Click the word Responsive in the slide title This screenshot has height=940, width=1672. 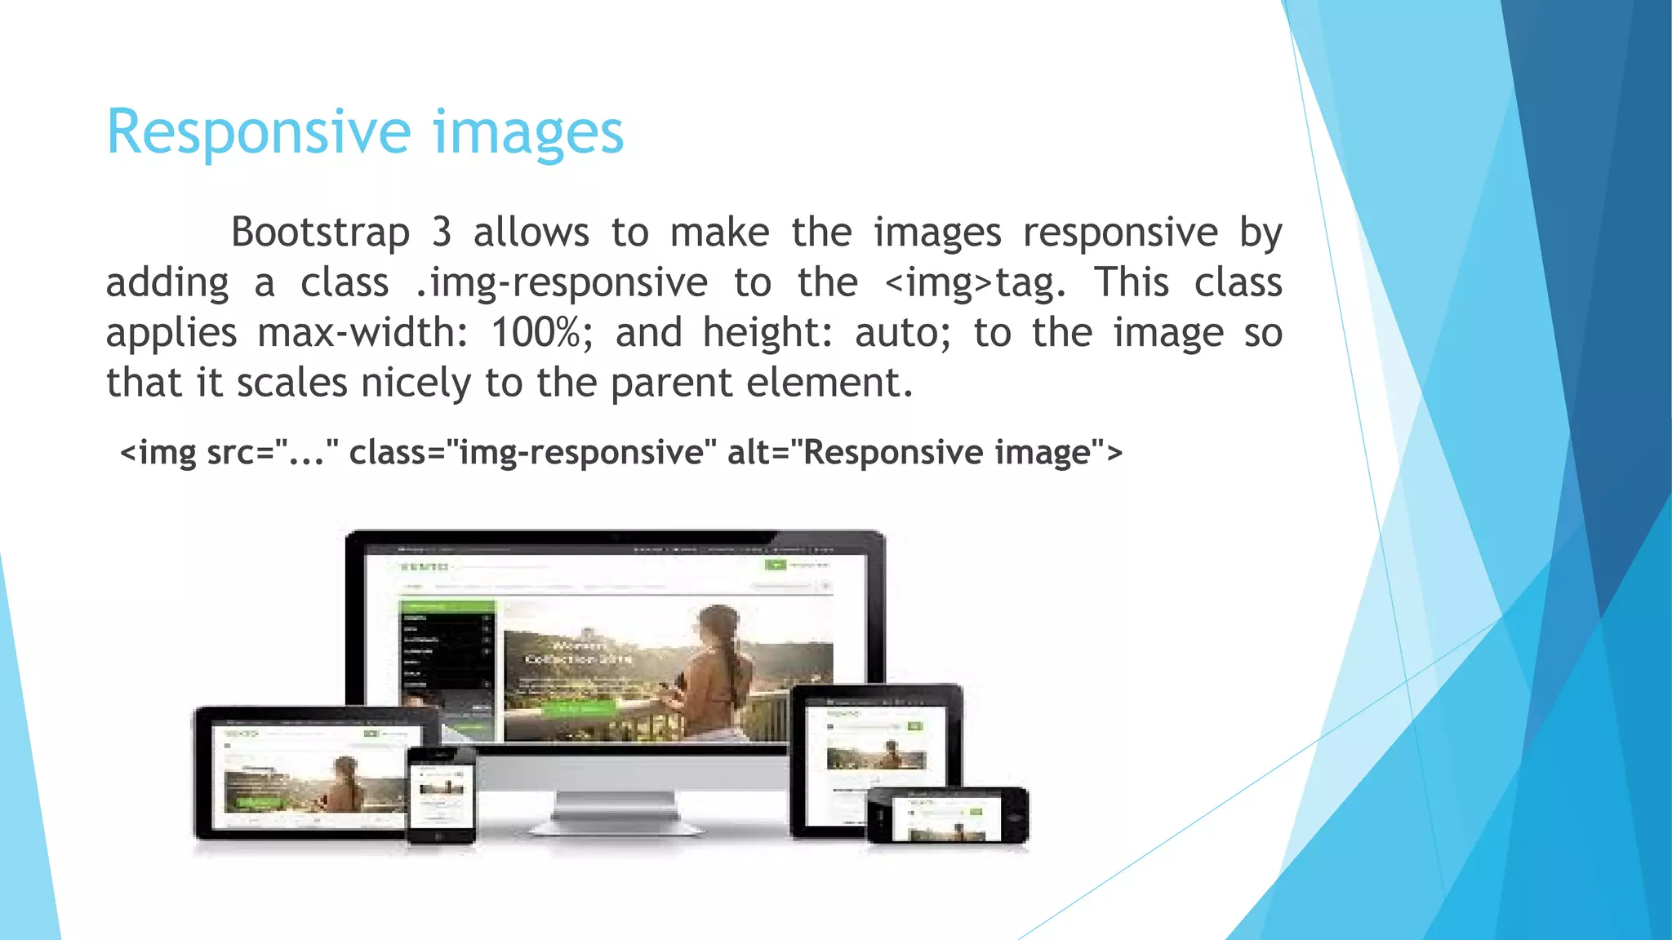(x=259, y=133)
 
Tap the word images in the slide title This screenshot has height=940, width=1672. (x=527, y=133)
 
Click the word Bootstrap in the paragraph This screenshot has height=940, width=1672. (x=320, y=233)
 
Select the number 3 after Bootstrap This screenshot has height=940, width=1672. (x=442, y=233)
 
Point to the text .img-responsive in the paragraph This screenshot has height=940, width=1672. (x=561, y=283)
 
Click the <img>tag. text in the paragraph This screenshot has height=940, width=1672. (x=976, y=283)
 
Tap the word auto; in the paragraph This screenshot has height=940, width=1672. (x=903, y=333)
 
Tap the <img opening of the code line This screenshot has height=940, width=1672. (x=158, y=452)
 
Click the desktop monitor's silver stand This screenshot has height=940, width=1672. (x=616, y=808)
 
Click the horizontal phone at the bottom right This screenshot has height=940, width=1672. (x=948, y=816)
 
